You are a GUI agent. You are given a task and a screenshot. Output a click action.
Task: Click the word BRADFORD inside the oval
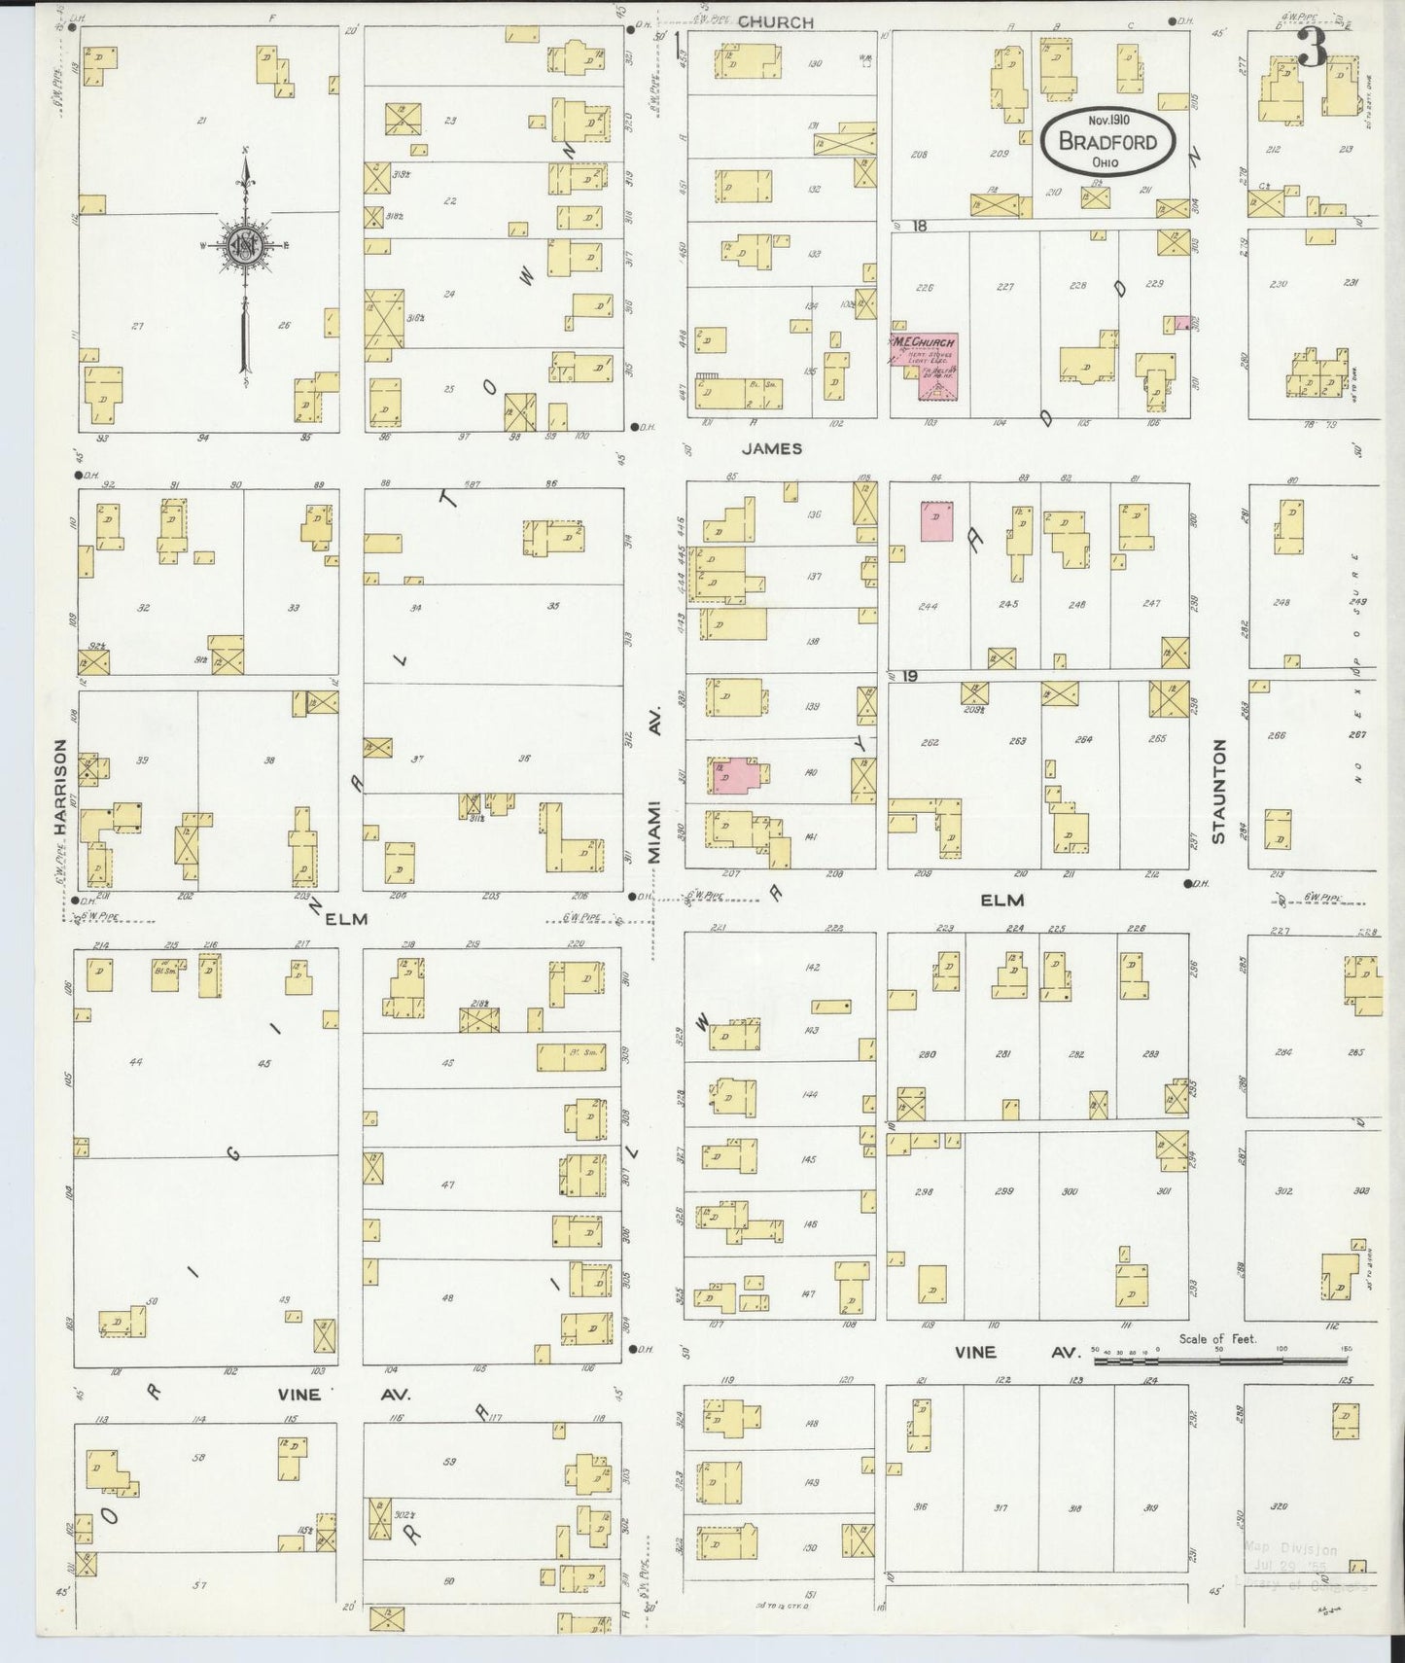pos(1107,142)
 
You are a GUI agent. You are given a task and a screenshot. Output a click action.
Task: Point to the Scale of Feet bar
pos(1221,1361)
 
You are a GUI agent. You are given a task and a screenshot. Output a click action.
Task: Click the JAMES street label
pos(771,448)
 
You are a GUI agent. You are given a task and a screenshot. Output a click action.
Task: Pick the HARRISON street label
pos(60,787)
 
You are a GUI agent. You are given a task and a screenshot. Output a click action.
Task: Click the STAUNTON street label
pos(1219,791)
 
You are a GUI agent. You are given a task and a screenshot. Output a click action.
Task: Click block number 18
pos(920,226)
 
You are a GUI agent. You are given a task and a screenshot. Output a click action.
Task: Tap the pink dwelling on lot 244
pos(937,520)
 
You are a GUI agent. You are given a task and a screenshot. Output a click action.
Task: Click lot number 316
pos(919,1507)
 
